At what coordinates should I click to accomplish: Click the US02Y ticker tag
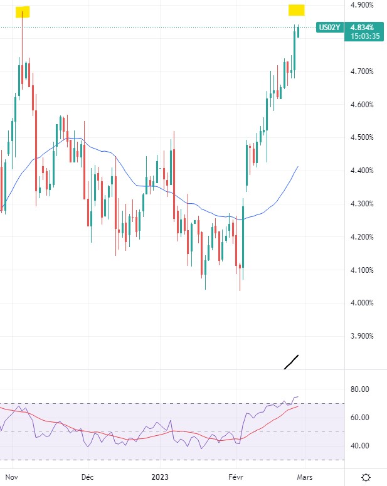[329, 27]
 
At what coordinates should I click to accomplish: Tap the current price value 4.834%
[363, 27]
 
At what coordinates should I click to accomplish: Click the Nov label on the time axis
[11, 477]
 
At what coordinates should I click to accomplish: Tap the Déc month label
[87, 477]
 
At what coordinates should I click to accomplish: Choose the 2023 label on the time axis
[161, 477]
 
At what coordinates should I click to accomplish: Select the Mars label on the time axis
[304, 477]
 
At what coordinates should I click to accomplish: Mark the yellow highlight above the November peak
[23, 12]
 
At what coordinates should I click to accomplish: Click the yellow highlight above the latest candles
[297, 10]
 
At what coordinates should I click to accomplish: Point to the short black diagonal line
[291, 362]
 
